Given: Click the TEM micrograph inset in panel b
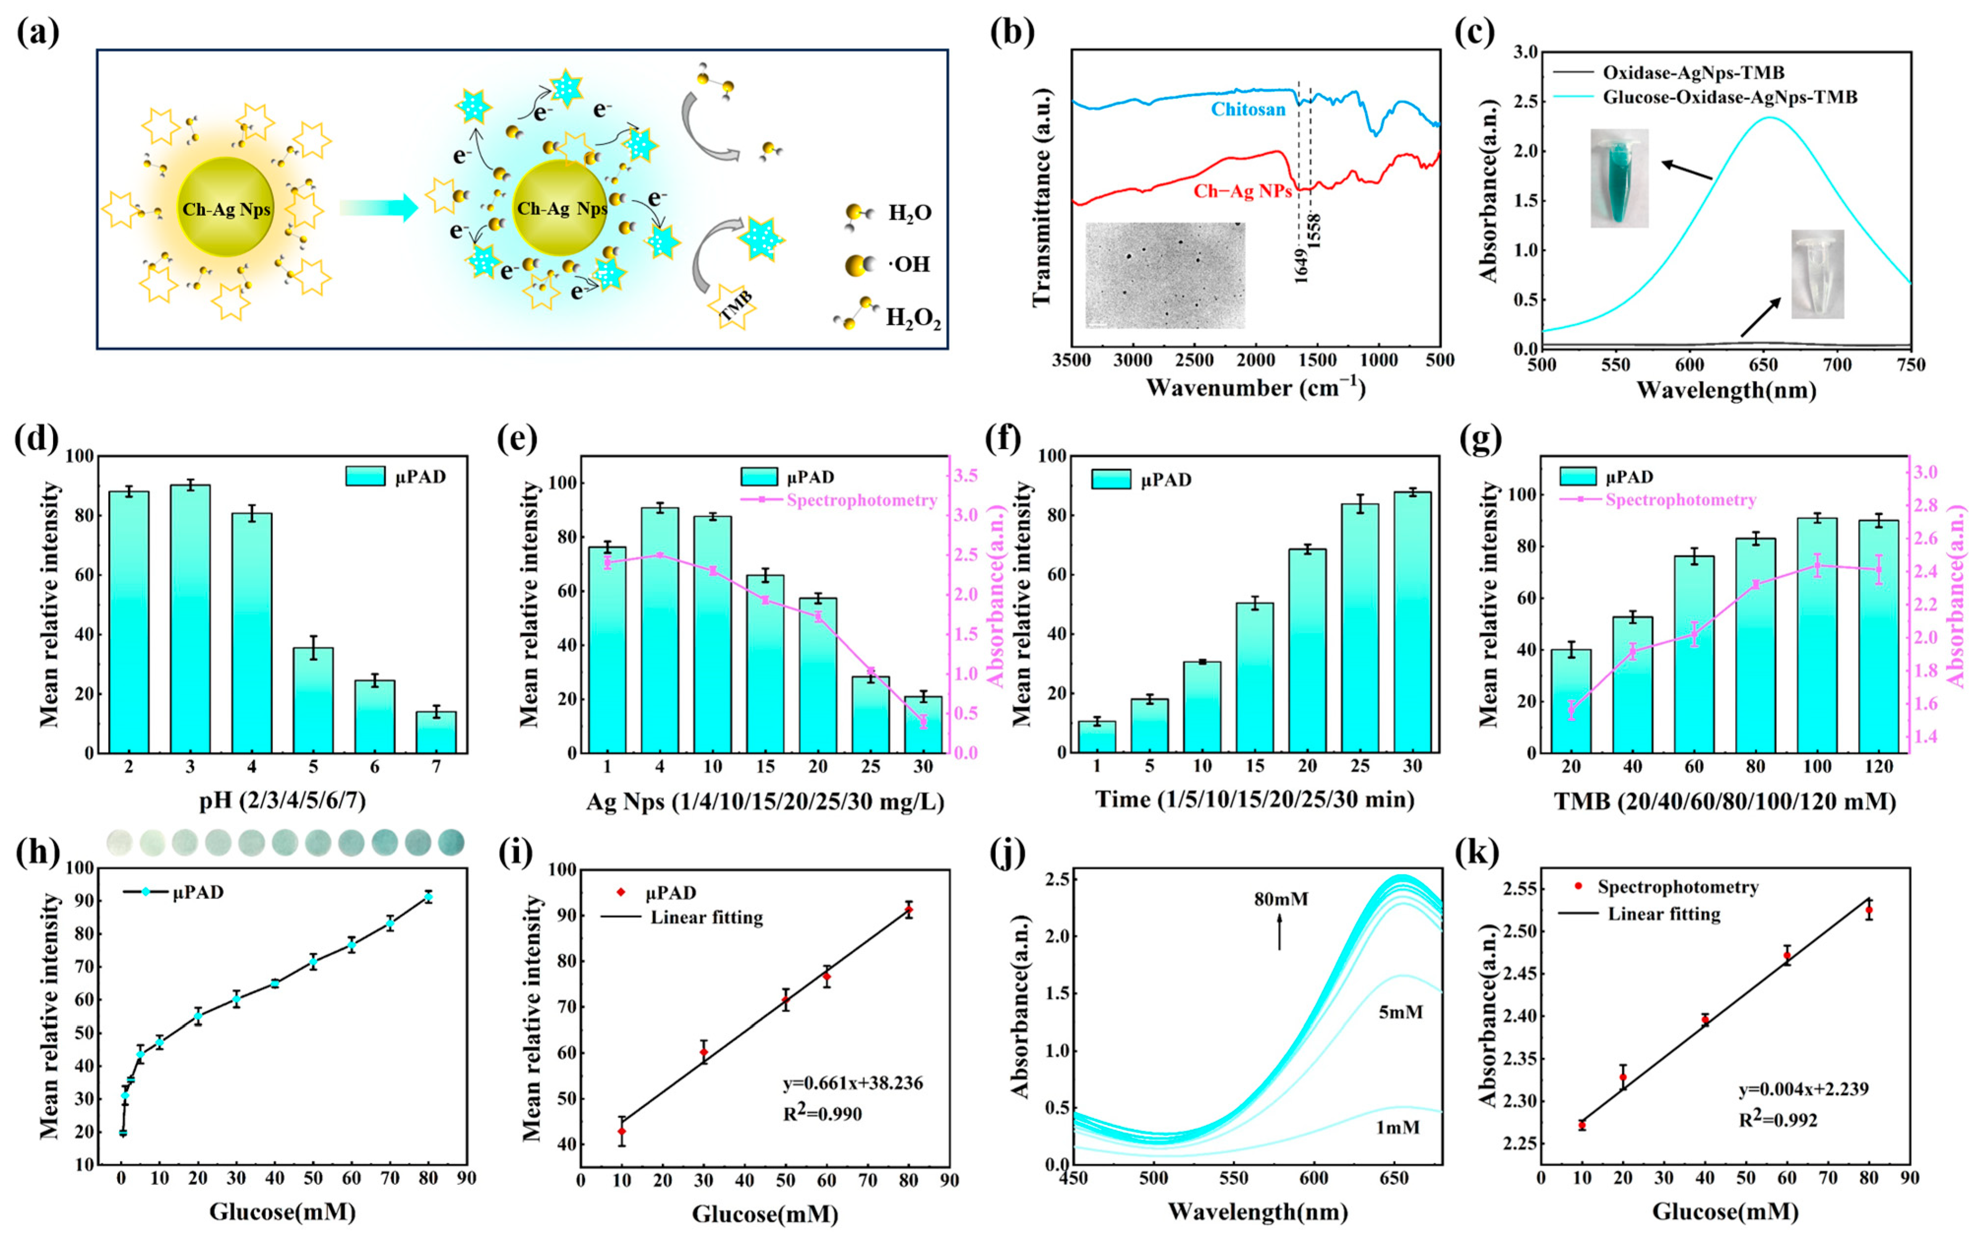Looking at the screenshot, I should click(x=1165, y=275).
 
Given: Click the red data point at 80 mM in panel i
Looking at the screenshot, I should click(x=908, y=910).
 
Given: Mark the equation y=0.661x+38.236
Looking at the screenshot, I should click(x=852, y=1084).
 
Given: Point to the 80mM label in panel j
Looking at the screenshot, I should click(x=1281, y=899).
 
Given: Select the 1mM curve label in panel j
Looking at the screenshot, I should click(x=1398, y=1128).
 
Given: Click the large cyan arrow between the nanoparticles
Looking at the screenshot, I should click(x=379, y=209).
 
